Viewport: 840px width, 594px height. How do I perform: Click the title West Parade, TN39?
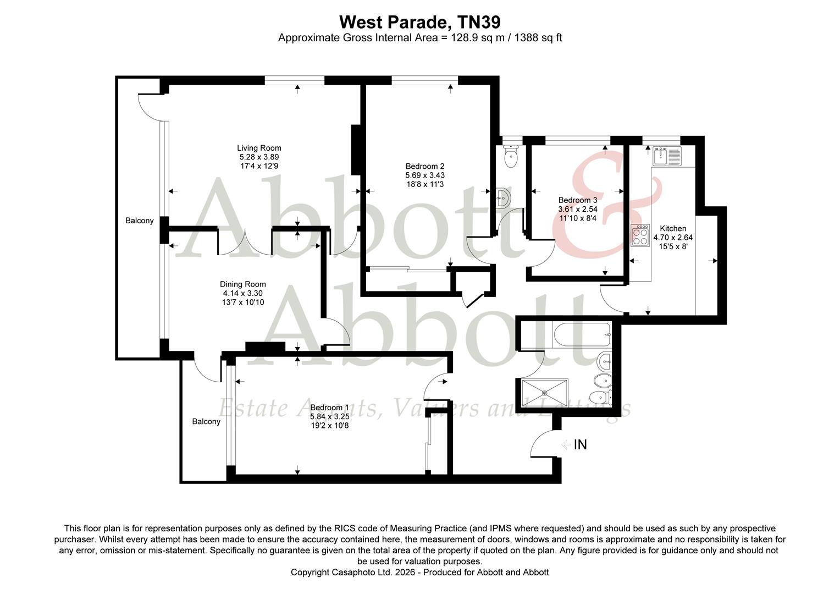(419, 22)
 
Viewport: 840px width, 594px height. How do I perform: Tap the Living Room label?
(259, 148)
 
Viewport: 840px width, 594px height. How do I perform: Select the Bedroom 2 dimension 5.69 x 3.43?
(425, 175)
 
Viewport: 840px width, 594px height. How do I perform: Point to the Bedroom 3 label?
(577, 200)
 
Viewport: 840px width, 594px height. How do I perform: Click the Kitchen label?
(673, 228)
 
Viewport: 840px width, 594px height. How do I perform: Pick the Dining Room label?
(243, 284)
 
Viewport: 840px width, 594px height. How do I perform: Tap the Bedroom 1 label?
(329, 408)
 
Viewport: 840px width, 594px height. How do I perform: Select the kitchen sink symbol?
(667, 156)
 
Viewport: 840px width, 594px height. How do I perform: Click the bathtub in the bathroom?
(582, 334)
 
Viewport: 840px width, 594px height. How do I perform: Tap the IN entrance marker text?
(581, 444)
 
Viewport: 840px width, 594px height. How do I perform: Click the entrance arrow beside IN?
(566, 444)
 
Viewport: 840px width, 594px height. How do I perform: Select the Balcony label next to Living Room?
(140, 221)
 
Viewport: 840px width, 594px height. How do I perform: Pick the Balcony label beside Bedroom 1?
(206, 421)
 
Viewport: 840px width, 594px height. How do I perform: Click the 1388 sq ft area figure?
(538, 38)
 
